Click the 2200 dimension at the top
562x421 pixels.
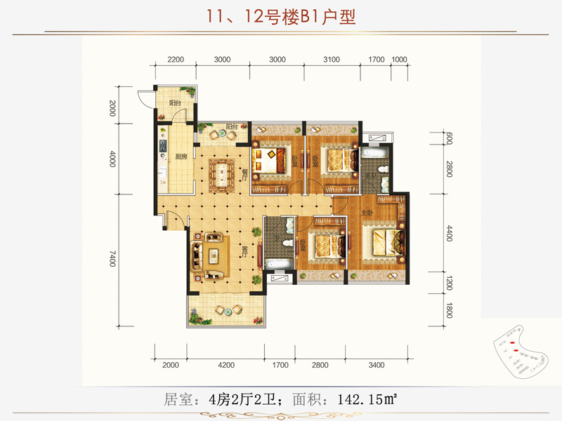tap(176, 60)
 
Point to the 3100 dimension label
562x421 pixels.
tap(331, 60)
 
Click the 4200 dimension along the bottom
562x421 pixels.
tap(226, 365)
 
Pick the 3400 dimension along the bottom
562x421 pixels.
tap(377, 365)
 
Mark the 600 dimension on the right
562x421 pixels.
tap(450, 138)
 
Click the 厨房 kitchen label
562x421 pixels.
tap(181, 156)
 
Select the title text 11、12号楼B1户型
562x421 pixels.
tap(282, 16)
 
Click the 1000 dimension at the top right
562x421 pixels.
tap(400, 60)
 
